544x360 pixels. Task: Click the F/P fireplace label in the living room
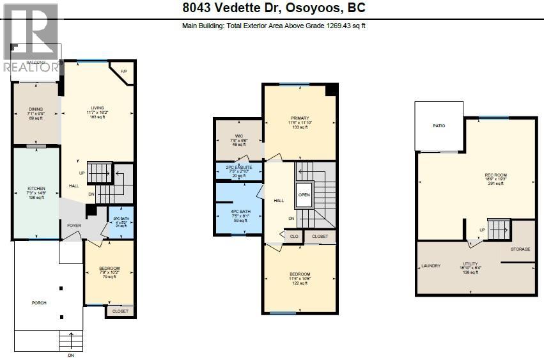pos(124,71)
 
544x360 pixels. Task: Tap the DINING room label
pos(36,109)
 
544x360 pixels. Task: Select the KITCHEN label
pos(36,189)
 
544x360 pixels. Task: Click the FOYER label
pos(74,225)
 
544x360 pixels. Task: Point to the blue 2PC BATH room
pos(121,222)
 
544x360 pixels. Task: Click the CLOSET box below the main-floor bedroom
pos(120,311)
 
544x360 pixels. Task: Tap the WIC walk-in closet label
pos(238,136)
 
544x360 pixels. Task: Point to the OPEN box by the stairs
pos(304,195)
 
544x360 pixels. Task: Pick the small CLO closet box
pos(294,237)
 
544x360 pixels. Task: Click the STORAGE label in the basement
pos(520,249)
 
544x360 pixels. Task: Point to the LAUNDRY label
pos(431,265)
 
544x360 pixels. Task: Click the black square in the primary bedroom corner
pos(330,90)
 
